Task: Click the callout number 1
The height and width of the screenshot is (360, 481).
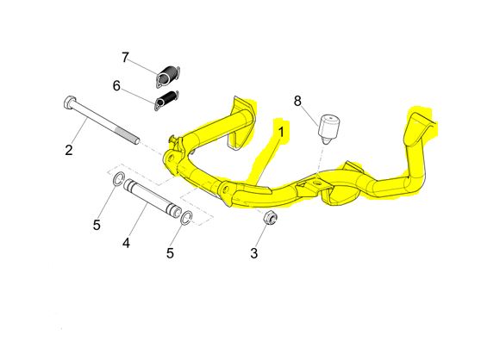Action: click(281, 133)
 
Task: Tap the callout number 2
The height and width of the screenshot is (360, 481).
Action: click(69, 150)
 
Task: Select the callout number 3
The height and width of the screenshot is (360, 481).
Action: click(254, 253)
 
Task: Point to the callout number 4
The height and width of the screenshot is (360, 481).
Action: click(126, 243)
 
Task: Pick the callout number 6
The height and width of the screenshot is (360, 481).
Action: click(116, 86)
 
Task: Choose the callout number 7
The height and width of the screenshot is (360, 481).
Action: click(125, 58)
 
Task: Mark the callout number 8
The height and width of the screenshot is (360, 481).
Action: click(297, 101)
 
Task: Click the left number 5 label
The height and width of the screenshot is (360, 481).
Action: click(97, 225)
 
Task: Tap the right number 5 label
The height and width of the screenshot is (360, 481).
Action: click(171, 253)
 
